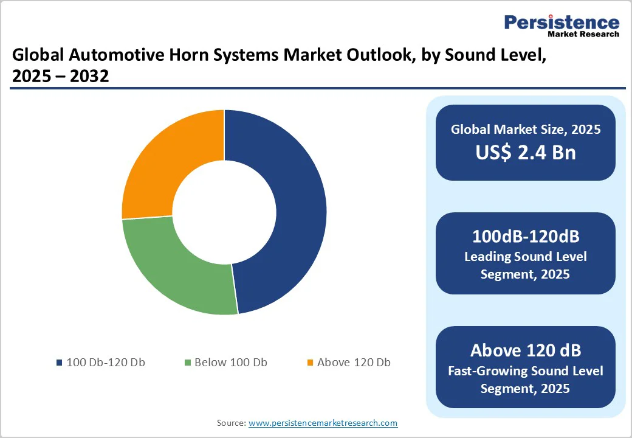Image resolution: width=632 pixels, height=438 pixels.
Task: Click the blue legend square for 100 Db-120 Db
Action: [59, 363]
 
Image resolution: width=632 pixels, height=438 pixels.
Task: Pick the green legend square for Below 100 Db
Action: [187, 363]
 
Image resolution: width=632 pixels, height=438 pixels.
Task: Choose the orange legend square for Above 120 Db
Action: [310, 363]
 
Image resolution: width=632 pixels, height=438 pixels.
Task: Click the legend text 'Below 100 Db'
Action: [231, 363]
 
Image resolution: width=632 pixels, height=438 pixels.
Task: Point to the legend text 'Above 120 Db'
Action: [354, 363]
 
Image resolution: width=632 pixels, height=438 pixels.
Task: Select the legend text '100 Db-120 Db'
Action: [106, 363]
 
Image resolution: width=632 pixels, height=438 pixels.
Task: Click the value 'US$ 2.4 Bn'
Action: [526, 152]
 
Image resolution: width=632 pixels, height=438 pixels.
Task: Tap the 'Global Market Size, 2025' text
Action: [526, 129]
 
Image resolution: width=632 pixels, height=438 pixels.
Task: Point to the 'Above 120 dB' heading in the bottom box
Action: [526, 350]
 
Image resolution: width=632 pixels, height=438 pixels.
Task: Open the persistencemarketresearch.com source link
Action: [323, 423]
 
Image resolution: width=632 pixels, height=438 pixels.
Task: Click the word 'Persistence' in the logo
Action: [562, 23]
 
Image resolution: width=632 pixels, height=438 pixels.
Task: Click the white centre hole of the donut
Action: [224, 212]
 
